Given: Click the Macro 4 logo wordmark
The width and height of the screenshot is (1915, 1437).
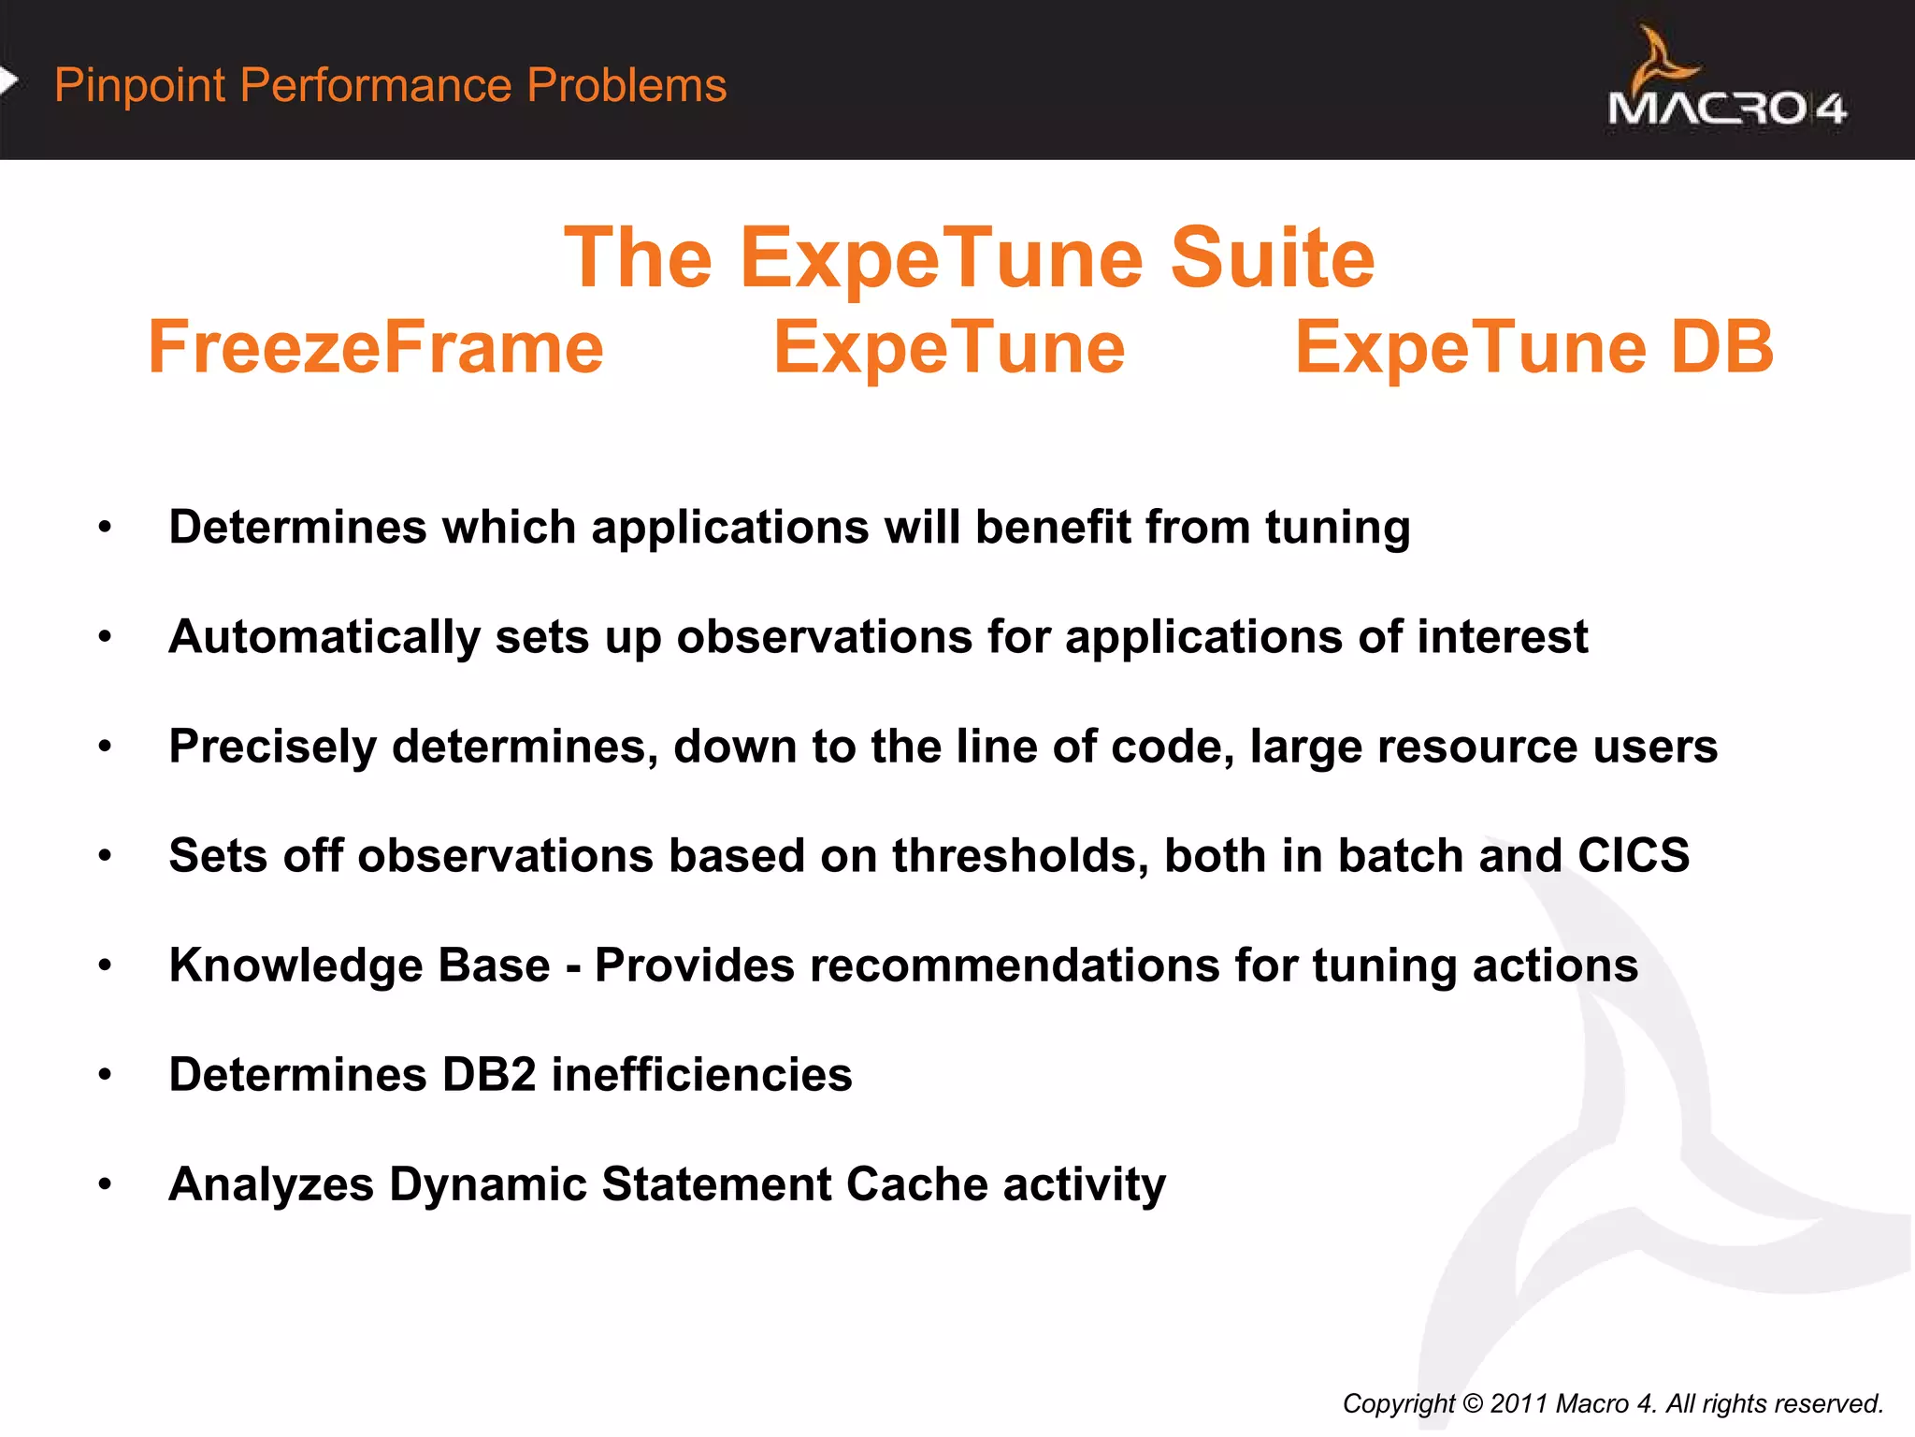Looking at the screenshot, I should [x=1726, y=109].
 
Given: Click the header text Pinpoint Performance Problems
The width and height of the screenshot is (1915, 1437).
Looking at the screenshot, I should [x=390, y=85].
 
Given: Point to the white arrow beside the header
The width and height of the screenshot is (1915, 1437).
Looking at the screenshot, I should [x=8, y=81].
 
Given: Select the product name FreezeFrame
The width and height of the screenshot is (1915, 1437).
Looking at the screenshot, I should [x=376, y=348].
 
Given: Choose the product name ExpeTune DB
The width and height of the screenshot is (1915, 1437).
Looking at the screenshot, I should [x=1533, y=348].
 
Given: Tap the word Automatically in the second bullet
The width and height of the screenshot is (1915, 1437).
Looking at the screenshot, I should [x=324, y=638].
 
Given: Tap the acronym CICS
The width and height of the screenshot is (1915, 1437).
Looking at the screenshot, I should [x=1633, y=856].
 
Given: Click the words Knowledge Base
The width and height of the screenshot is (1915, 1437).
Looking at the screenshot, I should [x=359, y=965].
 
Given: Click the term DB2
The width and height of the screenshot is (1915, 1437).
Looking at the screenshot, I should [x=488, y=1075].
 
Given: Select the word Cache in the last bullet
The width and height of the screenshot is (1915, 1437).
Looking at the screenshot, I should [x=916, y=1184].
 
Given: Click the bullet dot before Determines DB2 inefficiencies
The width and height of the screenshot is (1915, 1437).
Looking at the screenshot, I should [x=105, y=1076].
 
